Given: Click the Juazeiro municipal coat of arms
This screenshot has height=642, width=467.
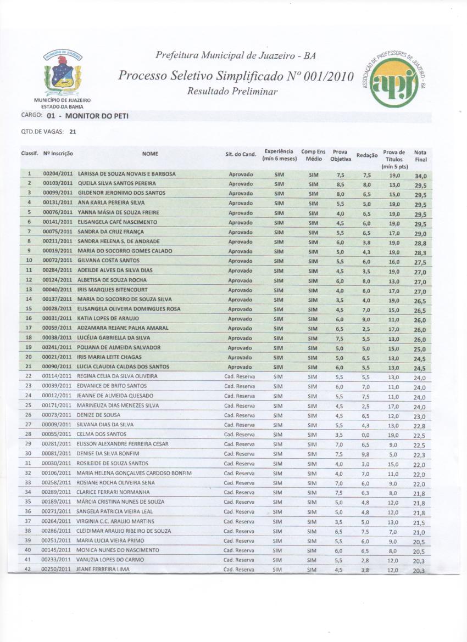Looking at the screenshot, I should coord(64,73).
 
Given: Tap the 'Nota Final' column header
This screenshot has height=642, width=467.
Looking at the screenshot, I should coord(420,156).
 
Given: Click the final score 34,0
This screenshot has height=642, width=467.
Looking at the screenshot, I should coord(421,176).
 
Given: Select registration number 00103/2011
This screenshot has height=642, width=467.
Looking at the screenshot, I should coord(58,184).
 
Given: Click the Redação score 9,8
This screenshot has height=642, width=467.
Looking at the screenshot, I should coord(366,454).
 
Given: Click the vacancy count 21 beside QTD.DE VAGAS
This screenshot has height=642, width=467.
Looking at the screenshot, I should coord(73,131).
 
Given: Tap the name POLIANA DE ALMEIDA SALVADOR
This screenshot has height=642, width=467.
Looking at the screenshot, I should coord(119,347).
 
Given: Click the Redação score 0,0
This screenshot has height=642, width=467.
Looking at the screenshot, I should coord(366,435).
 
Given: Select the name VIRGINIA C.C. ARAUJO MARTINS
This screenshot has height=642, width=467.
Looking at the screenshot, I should coord(115,521).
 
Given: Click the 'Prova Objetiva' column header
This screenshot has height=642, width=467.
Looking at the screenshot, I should coord(340,155).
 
